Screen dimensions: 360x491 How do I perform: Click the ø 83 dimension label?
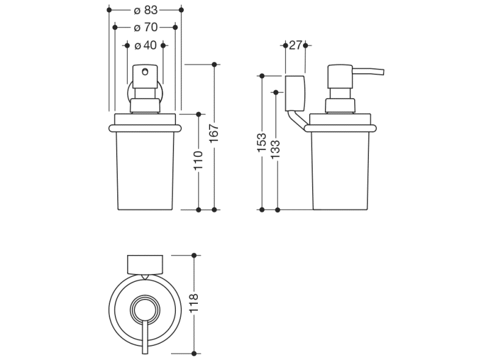[145, 10]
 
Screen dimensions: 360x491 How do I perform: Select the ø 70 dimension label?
[145, 27]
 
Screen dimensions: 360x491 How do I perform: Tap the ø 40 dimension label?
[145, 45]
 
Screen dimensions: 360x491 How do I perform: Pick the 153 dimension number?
[261, 143]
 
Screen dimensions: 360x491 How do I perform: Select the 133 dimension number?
[276, 148]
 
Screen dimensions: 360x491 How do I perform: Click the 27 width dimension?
[296, 45]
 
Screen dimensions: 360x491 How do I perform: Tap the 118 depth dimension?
[194, 304]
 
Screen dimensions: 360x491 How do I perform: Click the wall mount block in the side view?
[294, 93]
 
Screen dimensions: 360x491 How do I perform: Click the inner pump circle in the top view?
[145, 308]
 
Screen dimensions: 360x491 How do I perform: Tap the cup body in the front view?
[145, 171]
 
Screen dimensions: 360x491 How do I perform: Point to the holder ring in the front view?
[145, 128]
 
